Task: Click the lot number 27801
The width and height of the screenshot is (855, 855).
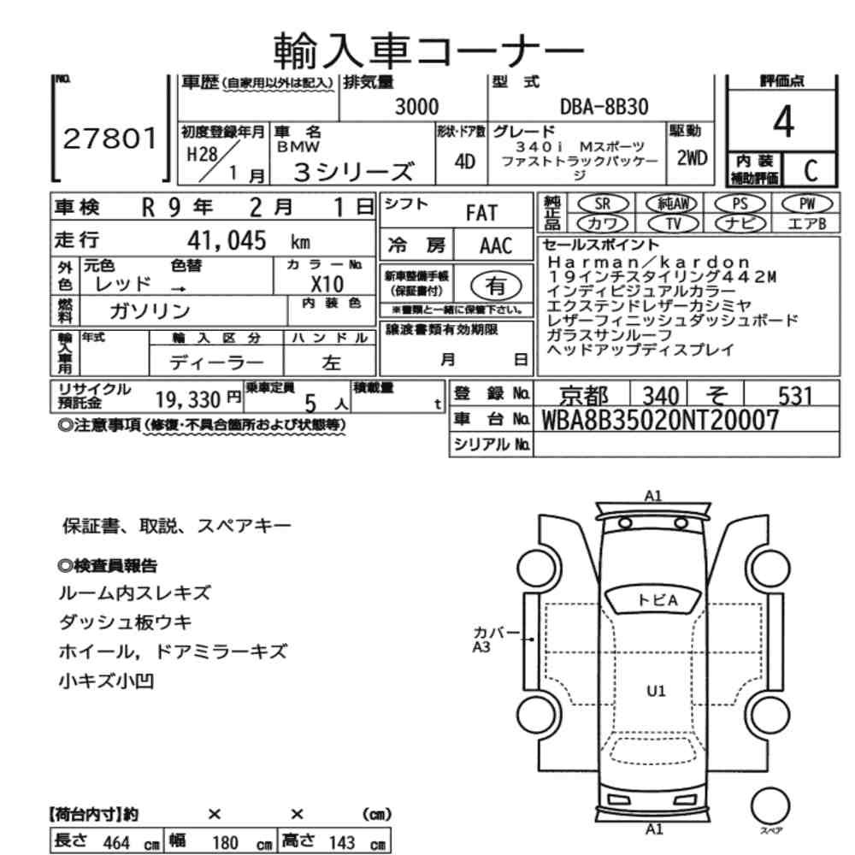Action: (110, 139)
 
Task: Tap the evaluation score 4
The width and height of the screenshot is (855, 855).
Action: (783, 121)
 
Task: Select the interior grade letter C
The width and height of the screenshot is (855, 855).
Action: (811, 171)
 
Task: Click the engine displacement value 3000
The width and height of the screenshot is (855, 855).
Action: (416, 107)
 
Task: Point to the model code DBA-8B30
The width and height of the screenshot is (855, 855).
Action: (604, 107)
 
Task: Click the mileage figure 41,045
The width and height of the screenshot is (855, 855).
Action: (227, 240)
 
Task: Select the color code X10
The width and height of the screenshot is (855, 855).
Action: (327, 285)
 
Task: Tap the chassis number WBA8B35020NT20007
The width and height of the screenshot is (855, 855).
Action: (660, 420)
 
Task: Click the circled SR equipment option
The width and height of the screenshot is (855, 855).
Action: (603, 204)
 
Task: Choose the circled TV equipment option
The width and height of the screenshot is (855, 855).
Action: (674, 223)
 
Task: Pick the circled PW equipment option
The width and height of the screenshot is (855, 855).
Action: (807, 204)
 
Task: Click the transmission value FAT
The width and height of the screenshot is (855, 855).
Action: (481, 213)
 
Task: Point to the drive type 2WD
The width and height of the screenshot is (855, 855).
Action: (692, 158)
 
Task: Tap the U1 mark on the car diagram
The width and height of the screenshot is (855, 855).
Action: (656, 692)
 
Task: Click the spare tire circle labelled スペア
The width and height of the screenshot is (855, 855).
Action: (770, 806)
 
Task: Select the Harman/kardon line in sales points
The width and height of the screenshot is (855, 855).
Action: (649, 262)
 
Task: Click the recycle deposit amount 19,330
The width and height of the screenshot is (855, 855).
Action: (187, 400)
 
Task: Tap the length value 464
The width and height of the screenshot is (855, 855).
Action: (116, 842)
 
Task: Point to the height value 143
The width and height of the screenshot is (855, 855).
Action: (342, 842)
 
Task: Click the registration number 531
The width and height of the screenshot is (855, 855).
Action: (795, 396)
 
